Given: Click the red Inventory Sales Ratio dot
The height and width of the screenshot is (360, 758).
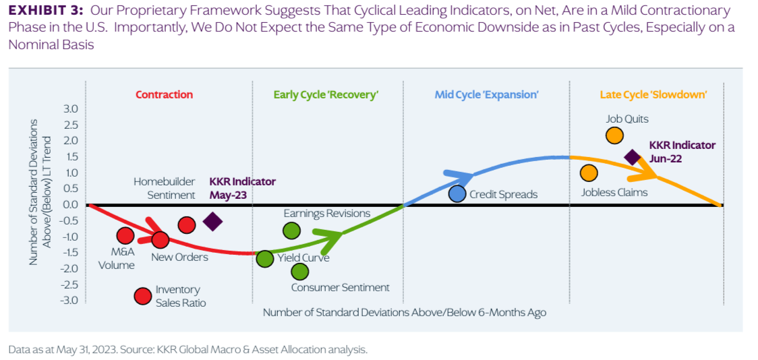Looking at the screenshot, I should (142, 296).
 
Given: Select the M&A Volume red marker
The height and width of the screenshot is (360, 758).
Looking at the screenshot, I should (125, 235).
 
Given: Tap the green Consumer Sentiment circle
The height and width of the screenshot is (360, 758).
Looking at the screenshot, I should (300, 272).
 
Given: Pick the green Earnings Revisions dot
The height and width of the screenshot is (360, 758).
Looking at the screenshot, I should (291, 231).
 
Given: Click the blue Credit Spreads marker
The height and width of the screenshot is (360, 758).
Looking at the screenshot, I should (457, 193).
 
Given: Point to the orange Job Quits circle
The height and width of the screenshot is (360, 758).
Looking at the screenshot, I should (614, 135).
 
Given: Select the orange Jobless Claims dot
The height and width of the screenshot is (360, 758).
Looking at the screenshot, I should (589, 173).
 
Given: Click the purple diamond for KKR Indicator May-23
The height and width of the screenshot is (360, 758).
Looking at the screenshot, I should (213, 221).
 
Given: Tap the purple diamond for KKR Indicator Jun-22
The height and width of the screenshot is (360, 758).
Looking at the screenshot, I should (632, 157).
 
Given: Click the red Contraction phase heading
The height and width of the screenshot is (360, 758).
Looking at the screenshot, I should (164, 95).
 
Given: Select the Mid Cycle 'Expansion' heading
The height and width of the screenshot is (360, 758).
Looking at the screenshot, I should (486, 95).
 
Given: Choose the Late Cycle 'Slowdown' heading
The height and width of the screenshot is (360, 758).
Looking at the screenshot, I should (653, 95).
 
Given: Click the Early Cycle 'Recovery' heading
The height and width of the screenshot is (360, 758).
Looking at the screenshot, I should (326, 95).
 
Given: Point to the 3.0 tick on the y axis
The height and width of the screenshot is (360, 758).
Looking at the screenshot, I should (70, 109).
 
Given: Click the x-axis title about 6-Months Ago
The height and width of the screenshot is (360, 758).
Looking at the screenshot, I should (405, 312).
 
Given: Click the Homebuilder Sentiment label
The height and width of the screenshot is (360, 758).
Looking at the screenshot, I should (164, 188).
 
